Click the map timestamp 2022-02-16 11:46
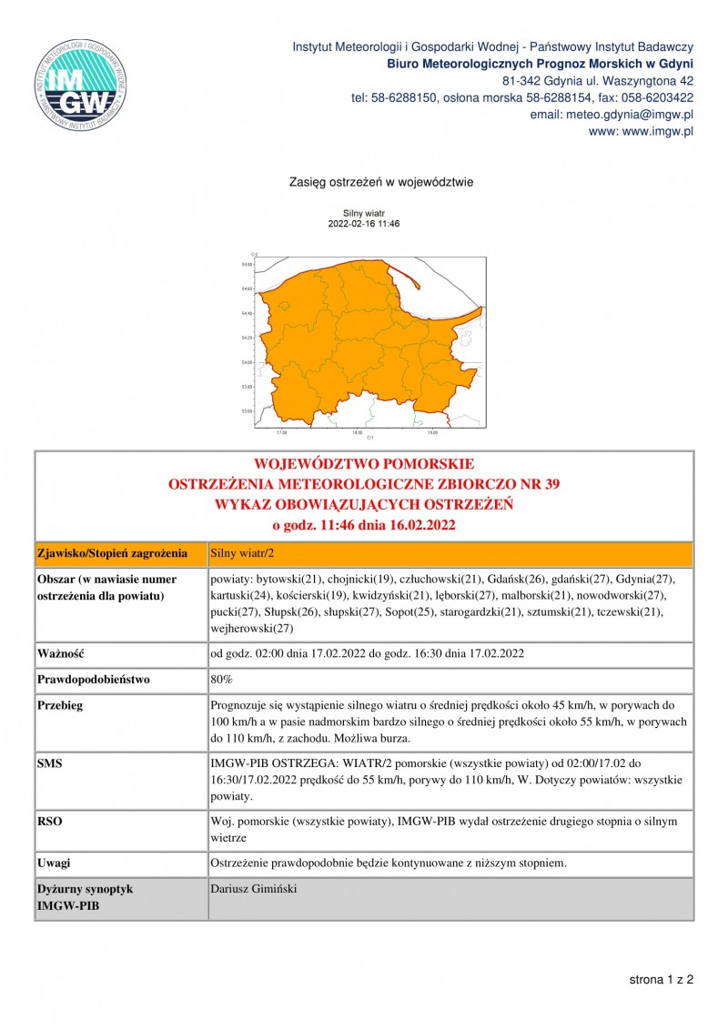point(364,223)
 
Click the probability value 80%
point(221,679)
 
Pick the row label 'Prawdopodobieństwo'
point(93,679)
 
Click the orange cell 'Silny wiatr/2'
point(241,552)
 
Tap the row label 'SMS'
point(50,762)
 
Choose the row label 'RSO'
point(50,821)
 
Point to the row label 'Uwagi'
point(54,862)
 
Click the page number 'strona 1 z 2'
point(662,980)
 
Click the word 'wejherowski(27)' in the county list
point(250,628)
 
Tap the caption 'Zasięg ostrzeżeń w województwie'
point(380,182)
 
